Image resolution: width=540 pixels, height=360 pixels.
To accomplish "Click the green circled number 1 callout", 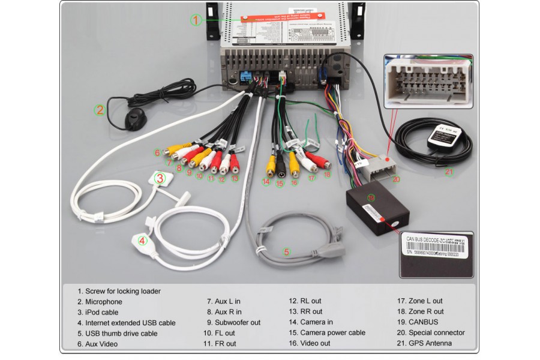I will click(x=196, y=20).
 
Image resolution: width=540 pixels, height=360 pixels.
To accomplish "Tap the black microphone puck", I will click(x=135, y=120).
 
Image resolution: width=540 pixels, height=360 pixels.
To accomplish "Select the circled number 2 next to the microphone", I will click(x=100, y=110).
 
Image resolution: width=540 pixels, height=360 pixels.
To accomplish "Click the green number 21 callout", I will click(x=449, y=173).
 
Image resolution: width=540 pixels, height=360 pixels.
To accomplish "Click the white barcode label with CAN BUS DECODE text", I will click(x=436, y=245).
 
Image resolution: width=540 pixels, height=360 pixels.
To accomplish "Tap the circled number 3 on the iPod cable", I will click(x=160, y=178).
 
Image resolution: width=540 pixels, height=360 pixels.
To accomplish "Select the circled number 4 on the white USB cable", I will click(x=142, y=241).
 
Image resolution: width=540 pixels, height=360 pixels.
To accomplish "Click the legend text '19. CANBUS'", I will click(x=423, y=322).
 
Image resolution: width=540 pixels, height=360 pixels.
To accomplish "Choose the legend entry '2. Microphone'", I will click(x=100, y=302).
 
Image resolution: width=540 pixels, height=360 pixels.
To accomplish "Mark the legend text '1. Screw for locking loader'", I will click(x=119, y=291).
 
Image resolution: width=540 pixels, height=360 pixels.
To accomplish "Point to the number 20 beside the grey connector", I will click(x=395, y=178).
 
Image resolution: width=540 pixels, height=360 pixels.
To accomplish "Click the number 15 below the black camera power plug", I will click(x=279, y=184).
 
